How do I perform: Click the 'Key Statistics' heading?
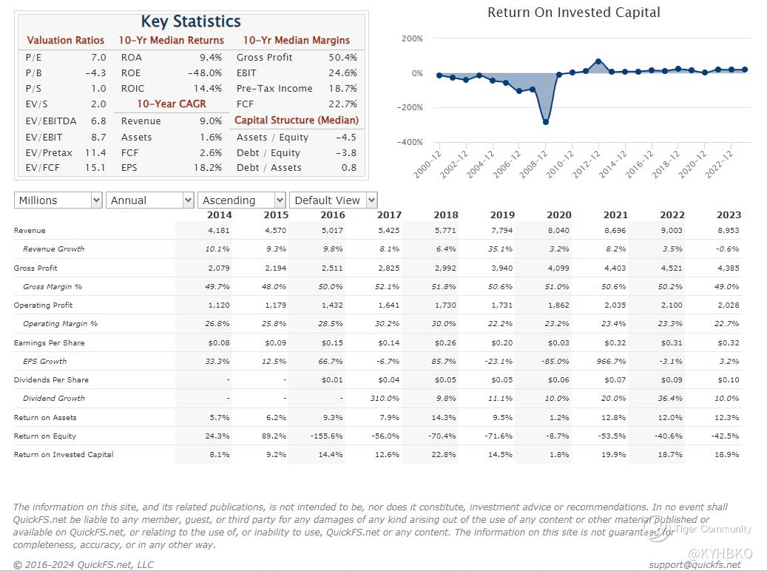191,21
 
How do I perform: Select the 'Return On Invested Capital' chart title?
574,13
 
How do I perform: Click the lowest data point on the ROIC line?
546,121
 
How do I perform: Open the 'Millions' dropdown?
58,200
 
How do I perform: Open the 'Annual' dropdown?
150,200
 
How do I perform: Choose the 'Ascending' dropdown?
241,200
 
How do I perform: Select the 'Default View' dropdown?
334,200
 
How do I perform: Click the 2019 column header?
502,215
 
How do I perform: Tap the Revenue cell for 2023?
728,231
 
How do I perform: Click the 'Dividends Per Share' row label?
51,380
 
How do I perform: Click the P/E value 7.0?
98,58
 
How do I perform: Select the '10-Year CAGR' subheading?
172,104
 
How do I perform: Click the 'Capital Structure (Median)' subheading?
297,120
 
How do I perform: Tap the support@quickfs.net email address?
695,564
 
